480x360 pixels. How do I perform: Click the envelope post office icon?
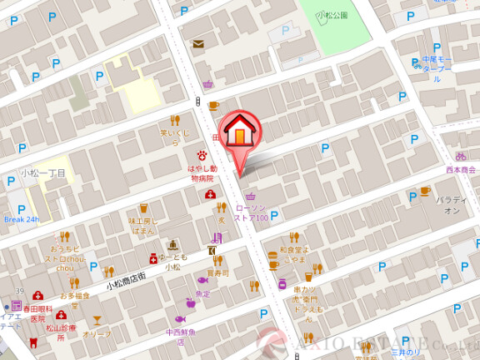coord(198,44)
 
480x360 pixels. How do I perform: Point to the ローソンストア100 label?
coord(251,212)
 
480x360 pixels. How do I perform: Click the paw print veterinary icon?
coord(201,155)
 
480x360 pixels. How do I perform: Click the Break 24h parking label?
coord(22,219)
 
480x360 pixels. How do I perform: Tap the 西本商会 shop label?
coord(461,169)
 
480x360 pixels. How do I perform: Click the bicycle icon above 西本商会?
coord(461,156)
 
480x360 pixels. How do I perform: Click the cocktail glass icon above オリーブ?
coord(97,320)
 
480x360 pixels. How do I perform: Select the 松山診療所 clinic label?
coord(61,328)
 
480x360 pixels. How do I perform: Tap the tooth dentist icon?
coord(33,342)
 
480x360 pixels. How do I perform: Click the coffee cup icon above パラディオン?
coord(425,191)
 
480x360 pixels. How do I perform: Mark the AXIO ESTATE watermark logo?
coord(367,343)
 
